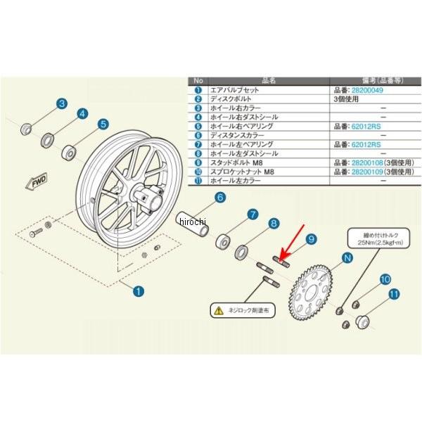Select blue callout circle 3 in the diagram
point(62,104)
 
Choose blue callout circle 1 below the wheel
point(139,289)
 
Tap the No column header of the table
point(198,81)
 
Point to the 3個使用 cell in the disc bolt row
point(349,99)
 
